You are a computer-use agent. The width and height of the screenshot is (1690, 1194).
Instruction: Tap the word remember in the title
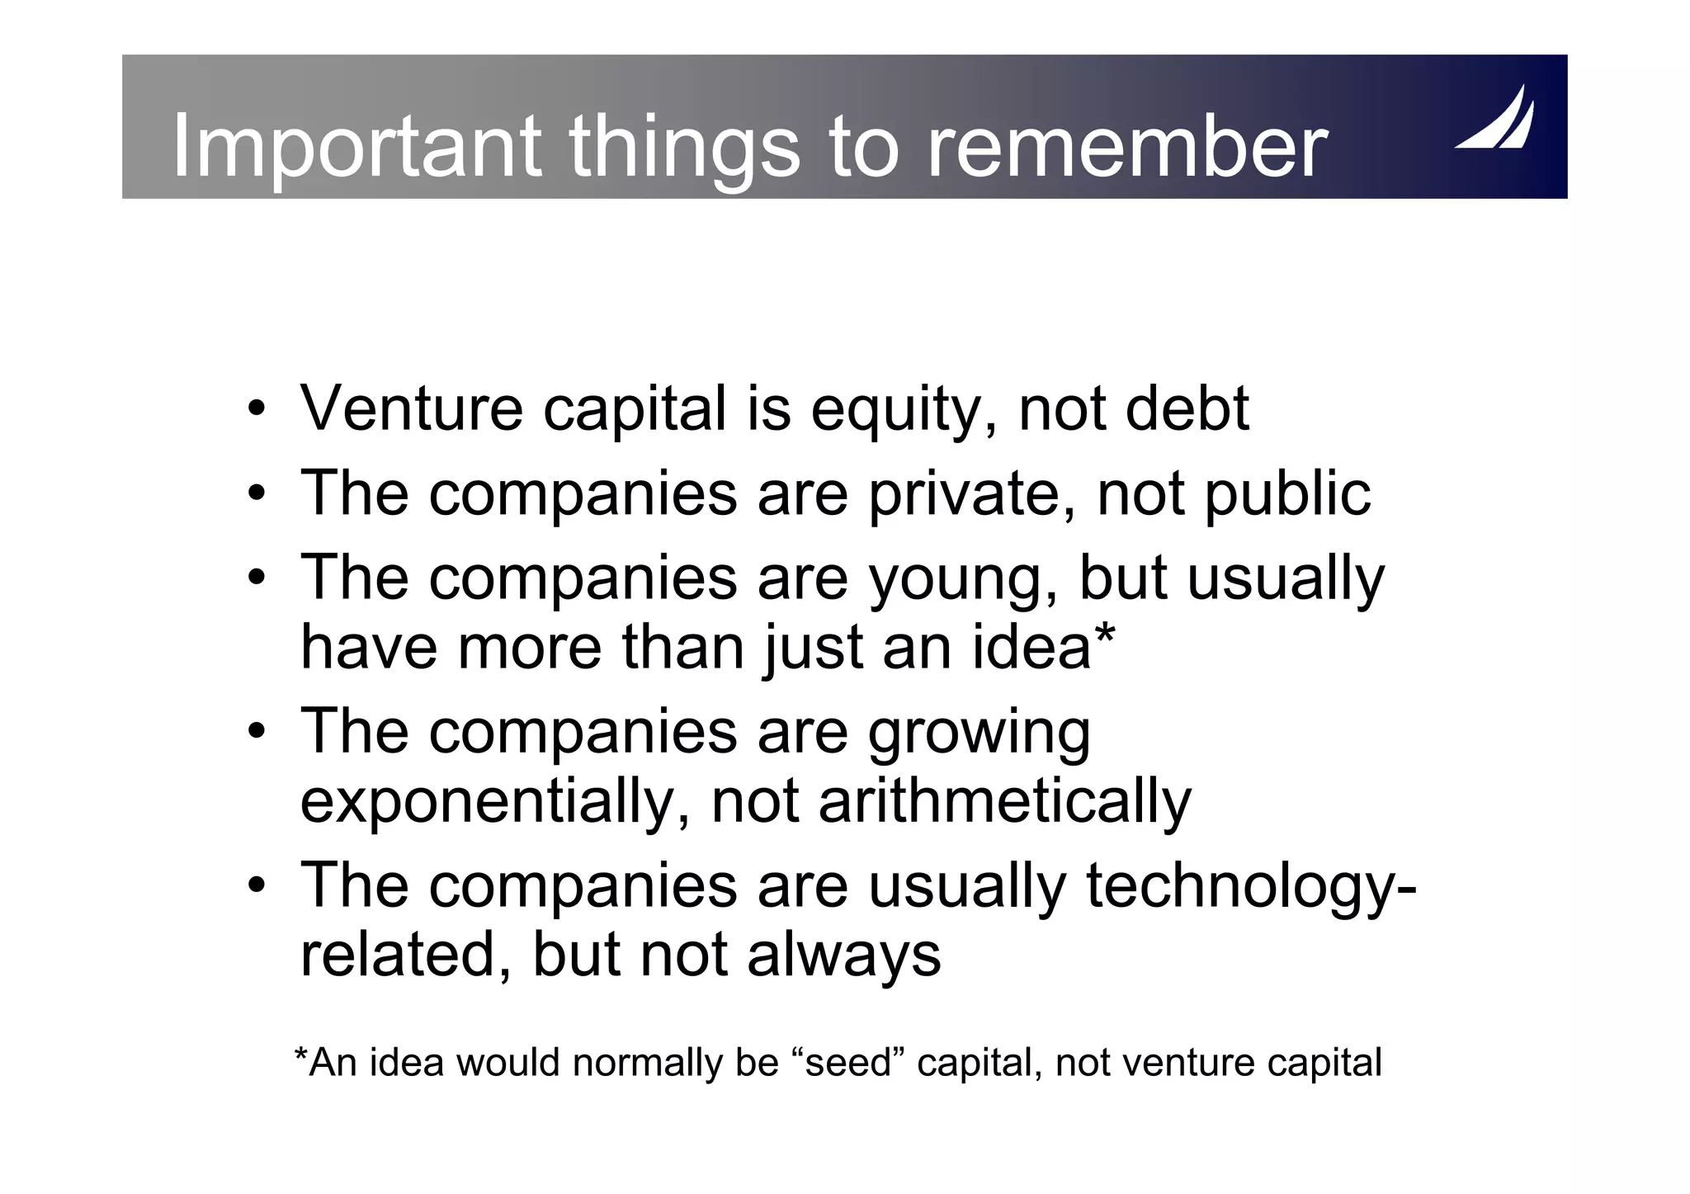click(1126, 147)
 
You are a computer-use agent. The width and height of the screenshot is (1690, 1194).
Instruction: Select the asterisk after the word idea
click(1104, 636)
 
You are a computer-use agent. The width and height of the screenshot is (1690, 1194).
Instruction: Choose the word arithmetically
click(1004, 803)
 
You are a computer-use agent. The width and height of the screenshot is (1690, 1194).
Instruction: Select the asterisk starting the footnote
click(301, 1056)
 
